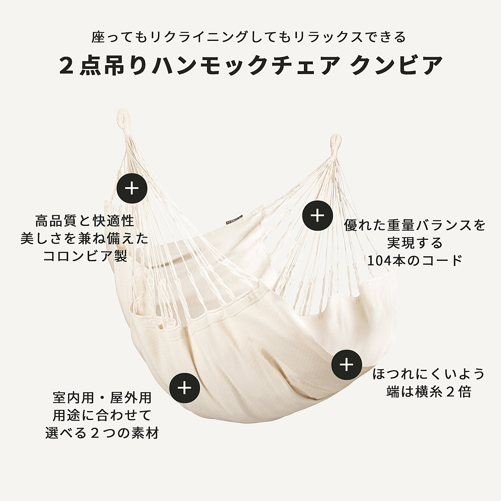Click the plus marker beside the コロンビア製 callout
pyautogui.click(x=132, y=188)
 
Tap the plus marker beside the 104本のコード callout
pyautogui.click(x=318, y=215)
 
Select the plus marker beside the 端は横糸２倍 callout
pyautogui.click(x=347, y=364)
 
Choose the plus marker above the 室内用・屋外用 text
pyautogui.click(x=184, y=388)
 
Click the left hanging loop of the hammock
pyautogui.click(x=124, y=117)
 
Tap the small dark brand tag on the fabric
pyautogui.click(x=234, y=220)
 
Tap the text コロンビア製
pyautogui.click(x=85, y=256)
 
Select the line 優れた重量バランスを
pyautogui.click(x=415, y=225)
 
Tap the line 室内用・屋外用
pyautogui.click(x=102, y=398)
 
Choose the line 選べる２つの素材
pyautogui.click(x=102, y=433)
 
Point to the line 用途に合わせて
pyautogui.click(x=102, y=415)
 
